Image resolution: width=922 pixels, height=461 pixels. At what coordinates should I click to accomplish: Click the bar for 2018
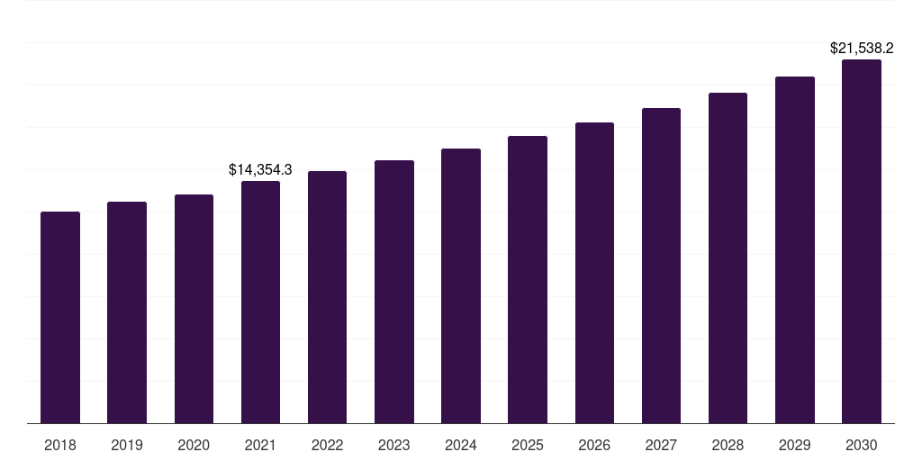pyautogui.click(x=60, y=317)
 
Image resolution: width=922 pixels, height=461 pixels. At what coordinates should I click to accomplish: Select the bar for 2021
pyautogui.click(x=260, y=302)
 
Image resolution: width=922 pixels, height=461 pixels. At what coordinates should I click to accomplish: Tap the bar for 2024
pyautogui.click(x=461, y=285)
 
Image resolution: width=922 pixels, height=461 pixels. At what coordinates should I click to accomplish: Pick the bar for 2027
pyautogui.click(x=661, y=266)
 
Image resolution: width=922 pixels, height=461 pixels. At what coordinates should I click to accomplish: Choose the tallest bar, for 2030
pyautogui.click(x=862, y=241)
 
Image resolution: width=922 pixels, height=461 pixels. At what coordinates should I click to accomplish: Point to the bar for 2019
pyautogui.click(x=127, y=312)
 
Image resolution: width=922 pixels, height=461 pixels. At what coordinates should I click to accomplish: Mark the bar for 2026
pyautogui.click(x=594, y=273)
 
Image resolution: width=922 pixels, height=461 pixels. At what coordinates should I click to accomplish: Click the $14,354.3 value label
pyautogui.click(x=260, y=169)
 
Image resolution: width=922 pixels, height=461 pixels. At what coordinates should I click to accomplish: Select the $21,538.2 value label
pyautogui.click(x=862, y=48)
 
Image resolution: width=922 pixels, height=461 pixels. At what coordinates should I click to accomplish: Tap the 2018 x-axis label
pyautogui.click(x=60, y=445)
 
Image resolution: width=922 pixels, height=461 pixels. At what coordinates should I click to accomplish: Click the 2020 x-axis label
pyautogui.click(x=194, y=445)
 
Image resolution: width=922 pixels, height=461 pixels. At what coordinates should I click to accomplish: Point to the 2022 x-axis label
pyautogui.click(x=327, y=445)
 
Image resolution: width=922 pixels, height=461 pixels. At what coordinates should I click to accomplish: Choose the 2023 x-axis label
pyautogui.click(x=394, y=445)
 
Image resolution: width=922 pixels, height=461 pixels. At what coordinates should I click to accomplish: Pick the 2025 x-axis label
pyautogui.click(x=528, y=445)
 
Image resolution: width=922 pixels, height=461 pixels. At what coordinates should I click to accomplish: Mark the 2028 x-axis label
pyautogui.click(x=728, y=445)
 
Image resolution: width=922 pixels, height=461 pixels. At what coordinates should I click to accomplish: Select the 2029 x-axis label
pyautogui.click(x=794, y=445)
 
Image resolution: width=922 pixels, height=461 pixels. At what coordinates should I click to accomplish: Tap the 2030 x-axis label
pyautogui.click(x=862, y=445)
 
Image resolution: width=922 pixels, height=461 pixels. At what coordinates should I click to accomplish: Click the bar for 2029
pyautogui.click(x=795, y=249)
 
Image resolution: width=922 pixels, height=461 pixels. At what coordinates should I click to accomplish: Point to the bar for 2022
pyautogui.click(x=327, y=297)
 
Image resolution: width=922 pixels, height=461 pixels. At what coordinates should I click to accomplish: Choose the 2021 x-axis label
pyautogui.click(x=260, y=445)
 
